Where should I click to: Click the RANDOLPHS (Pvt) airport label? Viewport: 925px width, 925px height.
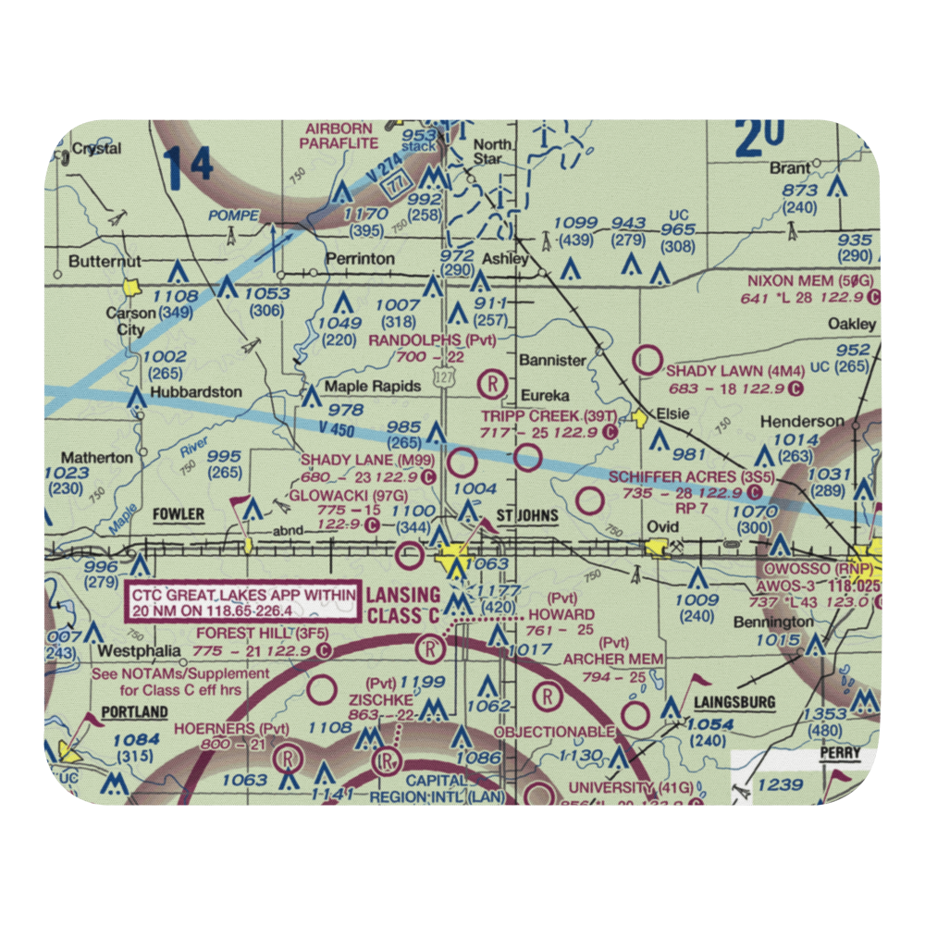coord(432,340)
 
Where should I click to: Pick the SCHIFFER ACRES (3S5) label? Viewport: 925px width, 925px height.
coord(685,477)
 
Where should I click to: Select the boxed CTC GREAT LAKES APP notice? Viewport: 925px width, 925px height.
coord(241,603)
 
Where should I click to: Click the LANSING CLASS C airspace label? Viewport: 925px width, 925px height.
coord(402,606)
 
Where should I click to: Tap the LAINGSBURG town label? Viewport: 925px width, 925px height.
coord(734,703)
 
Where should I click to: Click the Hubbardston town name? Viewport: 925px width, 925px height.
coord(195,392)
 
